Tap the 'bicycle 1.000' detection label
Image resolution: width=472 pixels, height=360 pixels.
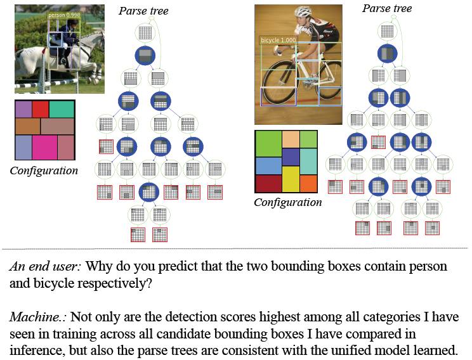pos(279,39)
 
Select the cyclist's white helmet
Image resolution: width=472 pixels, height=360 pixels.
pos(303,11)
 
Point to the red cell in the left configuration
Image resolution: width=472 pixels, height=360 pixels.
pos(41,109)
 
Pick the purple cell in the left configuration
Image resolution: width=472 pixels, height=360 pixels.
pos(23,109)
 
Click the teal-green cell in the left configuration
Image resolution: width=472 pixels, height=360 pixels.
pos(62,109)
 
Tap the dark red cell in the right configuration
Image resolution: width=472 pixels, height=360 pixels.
pos(267,183)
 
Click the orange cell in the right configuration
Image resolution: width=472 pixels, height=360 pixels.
pos(308,183)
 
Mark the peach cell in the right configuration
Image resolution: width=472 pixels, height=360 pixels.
pos(291,139)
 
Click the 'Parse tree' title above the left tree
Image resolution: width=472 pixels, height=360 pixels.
pos(143,11)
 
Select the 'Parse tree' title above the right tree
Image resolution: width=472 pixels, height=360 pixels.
pos(386,8)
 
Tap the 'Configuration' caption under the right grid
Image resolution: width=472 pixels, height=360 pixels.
pos(288,203)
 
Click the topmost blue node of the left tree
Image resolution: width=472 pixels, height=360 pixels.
pos(145,56)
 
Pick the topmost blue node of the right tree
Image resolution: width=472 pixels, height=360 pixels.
pos(387,53)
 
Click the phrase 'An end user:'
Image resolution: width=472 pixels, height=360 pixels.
pos(46,267)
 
